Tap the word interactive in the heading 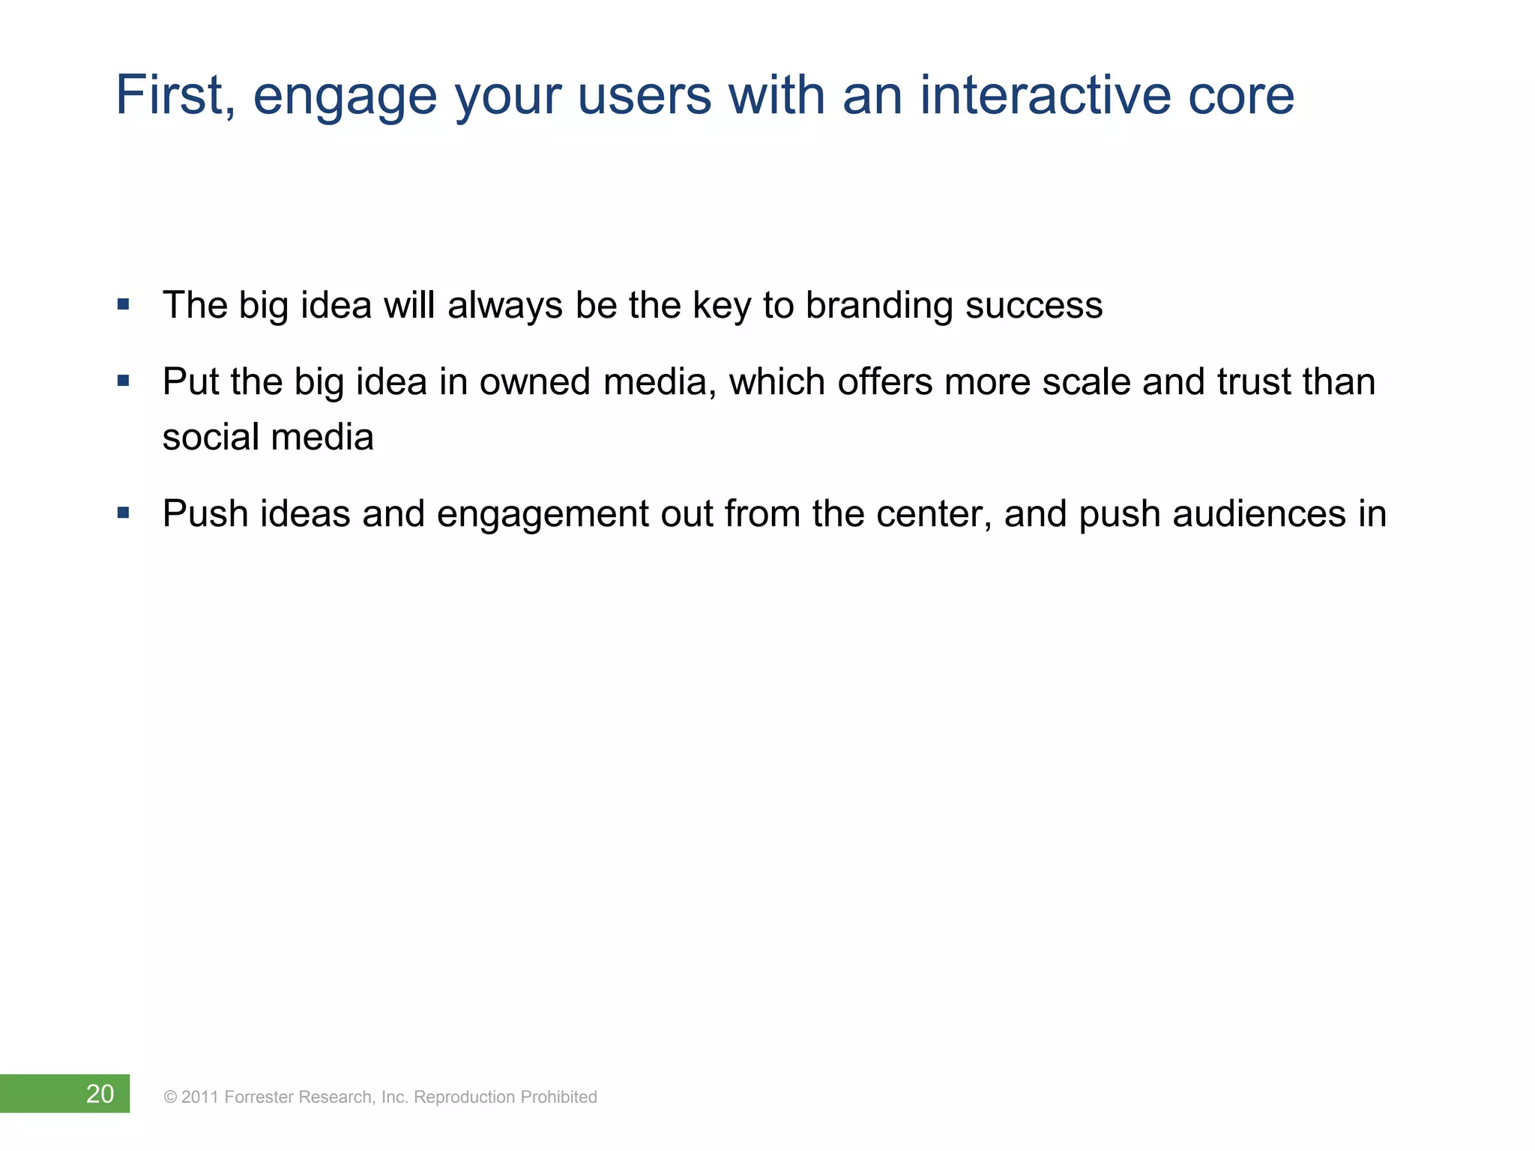click(x=1043, y=95)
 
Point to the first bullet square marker click(x=124, y=305)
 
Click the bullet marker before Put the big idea click(x=124, y=381)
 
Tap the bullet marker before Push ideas click(x=124, y=513)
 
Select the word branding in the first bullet click(x=878, y=306)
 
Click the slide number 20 click(x=100, y=1094)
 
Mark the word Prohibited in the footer click(x=558, y=1097)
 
